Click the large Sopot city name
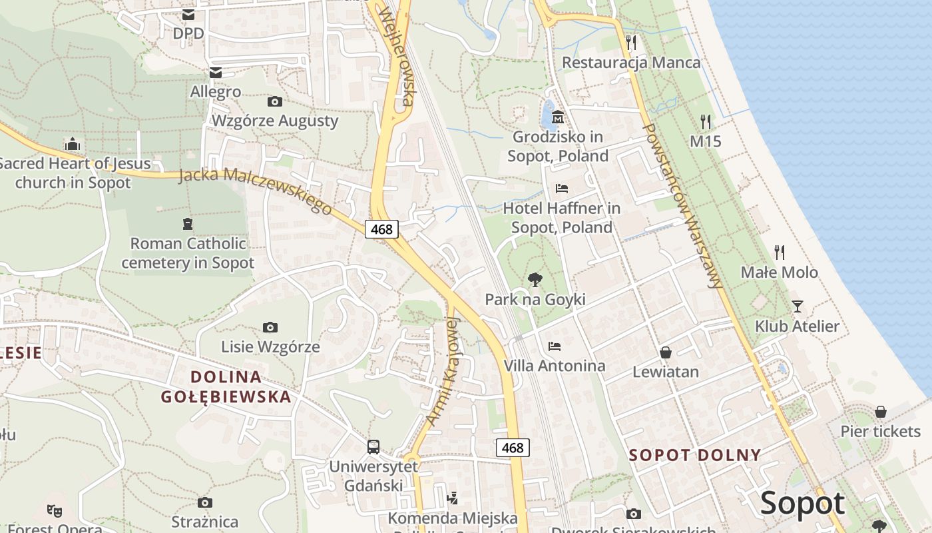pyautogui.click(x=802, y=504)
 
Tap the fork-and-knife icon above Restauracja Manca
pyautogui.click(x=631, y=43)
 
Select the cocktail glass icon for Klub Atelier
pyautogui.click(x=797, y=306)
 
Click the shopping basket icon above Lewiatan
pyautogui.click(x=666, y=352)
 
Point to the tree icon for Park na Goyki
pyautogui.click(x=535, y=280)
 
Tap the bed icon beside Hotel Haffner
pyautogui.click(x=561, y=189)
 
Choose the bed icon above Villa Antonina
pyautogui.click(x=554, y=346)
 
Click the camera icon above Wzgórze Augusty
pyautogui.click(x=274, y=101)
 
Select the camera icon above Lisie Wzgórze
pyautogui.click(x=270, y=327)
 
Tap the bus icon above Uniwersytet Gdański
pyautogui.click(x=373, y=446)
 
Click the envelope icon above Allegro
pyautogui.click(x=216, y=72)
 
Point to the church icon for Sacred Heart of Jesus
pyautogui.click(x=73, y=144)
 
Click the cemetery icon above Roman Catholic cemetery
pyautogui.click(x=188, y=224)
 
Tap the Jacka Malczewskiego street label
pyautogui.click(x=256, y=191)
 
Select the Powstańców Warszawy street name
pyautogui.click(x=683, y=207)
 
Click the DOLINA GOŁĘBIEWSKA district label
pyautogui.click(x=226, y=386)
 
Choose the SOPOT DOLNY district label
pyautogui.click(x=694, y=456)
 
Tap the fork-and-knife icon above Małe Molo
pyautogui.click(x=780, y=253)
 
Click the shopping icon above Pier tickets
pyautogui.click(x=880, y=412)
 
